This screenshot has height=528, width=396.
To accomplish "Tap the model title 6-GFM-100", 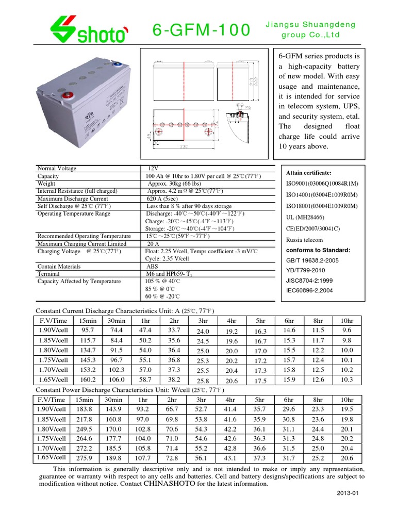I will click(202, 30).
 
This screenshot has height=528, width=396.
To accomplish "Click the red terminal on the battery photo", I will click(65, 95).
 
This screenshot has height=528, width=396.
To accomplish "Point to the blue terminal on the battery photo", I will click(117, 65).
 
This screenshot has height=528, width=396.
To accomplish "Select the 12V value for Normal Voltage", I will click(153, 169).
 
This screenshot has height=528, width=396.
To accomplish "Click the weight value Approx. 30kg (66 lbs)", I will click(174, 184).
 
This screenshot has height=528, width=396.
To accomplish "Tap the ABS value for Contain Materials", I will click(152, 267).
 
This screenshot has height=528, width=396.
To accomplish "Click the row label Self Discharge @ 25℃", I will click(74, 206).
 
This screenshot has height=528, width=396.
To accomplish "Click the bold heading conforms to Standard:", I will click(318, 250).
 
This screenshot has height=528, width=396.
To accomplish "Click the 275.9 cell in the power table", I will click(84, 457).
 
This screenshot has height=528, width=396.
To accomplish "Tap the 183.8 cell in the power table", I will click(84, 409).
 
